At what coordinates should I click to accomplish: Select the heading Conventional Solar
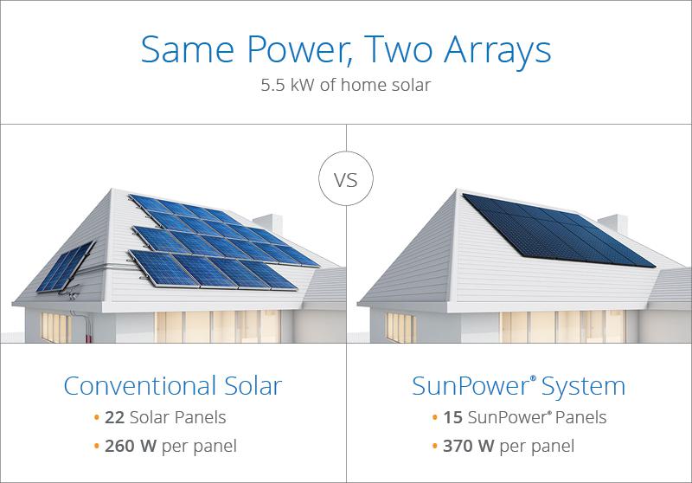pyautogui.click(x=173, y=385)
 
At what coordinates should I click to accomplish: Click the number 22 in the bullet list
pyautogui.click(x=114, y=417)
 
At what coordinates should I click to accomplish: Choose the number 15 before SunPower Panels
pyautogui.click(x=452, y=417)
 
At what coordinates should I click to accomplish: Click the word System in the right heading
pyautogui.click(x=581, y=385)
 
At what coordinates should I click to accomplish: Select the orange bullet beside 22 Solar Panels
pyautogui.click(x=96, y=418)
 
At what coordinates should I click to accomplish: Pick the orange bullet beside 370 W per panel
pyautogui.click(x=433, y=448)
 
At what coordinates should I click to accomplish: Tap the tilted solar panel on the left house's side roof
pyautogui.click(x=74, y=266)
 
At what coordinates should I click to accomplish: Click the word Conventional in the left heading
pyautogui.click(x=137, y=385)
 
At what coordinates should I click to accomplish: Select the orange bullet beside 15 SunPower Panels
pyautogui.click(x=433, y=418)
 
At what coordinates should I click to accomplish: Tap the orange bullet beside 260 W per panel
pyautogui.click(x=96, y=448)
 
